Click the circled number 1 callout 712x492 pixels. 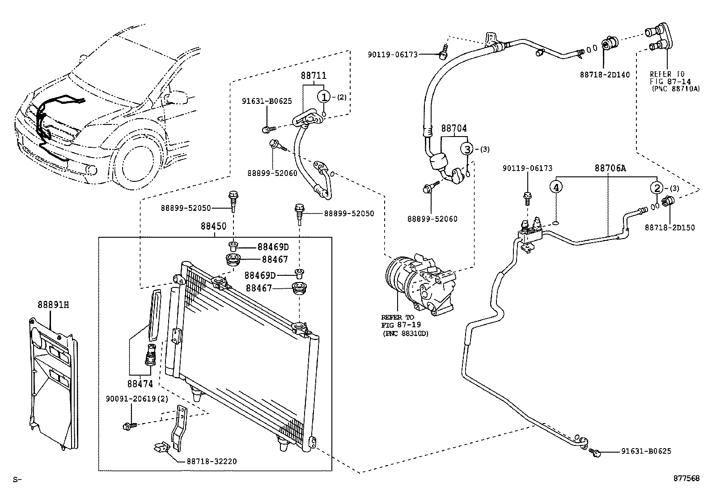[324, 97]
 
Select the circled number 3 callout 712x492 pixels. [466, 149]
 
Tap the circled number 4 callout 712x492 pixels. [555, 188]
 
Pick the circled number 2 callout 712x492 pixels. [657, 188]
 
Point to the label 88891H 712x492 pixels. [53, 305]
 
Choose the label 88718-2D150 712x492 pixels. [670, 228]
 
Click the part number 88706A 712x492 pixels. [610, 168]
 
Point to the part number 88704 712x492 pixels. [454, 128]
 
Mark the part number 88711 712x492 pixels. [313, 76]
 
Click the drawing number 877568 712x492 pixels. [687, 478]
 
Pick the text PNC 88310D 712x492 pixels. [405, 333]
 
